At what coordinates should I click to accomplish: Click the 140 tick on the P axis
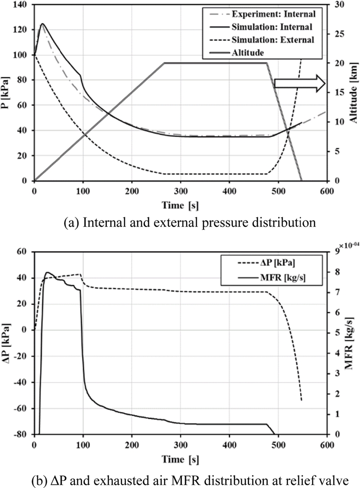22,4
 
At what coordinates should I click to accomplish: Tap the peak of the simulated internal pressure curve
43,24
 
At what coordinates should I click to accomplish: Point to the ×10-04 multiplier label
347,244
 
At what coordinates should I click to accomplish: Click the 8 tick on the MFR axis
336,272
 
